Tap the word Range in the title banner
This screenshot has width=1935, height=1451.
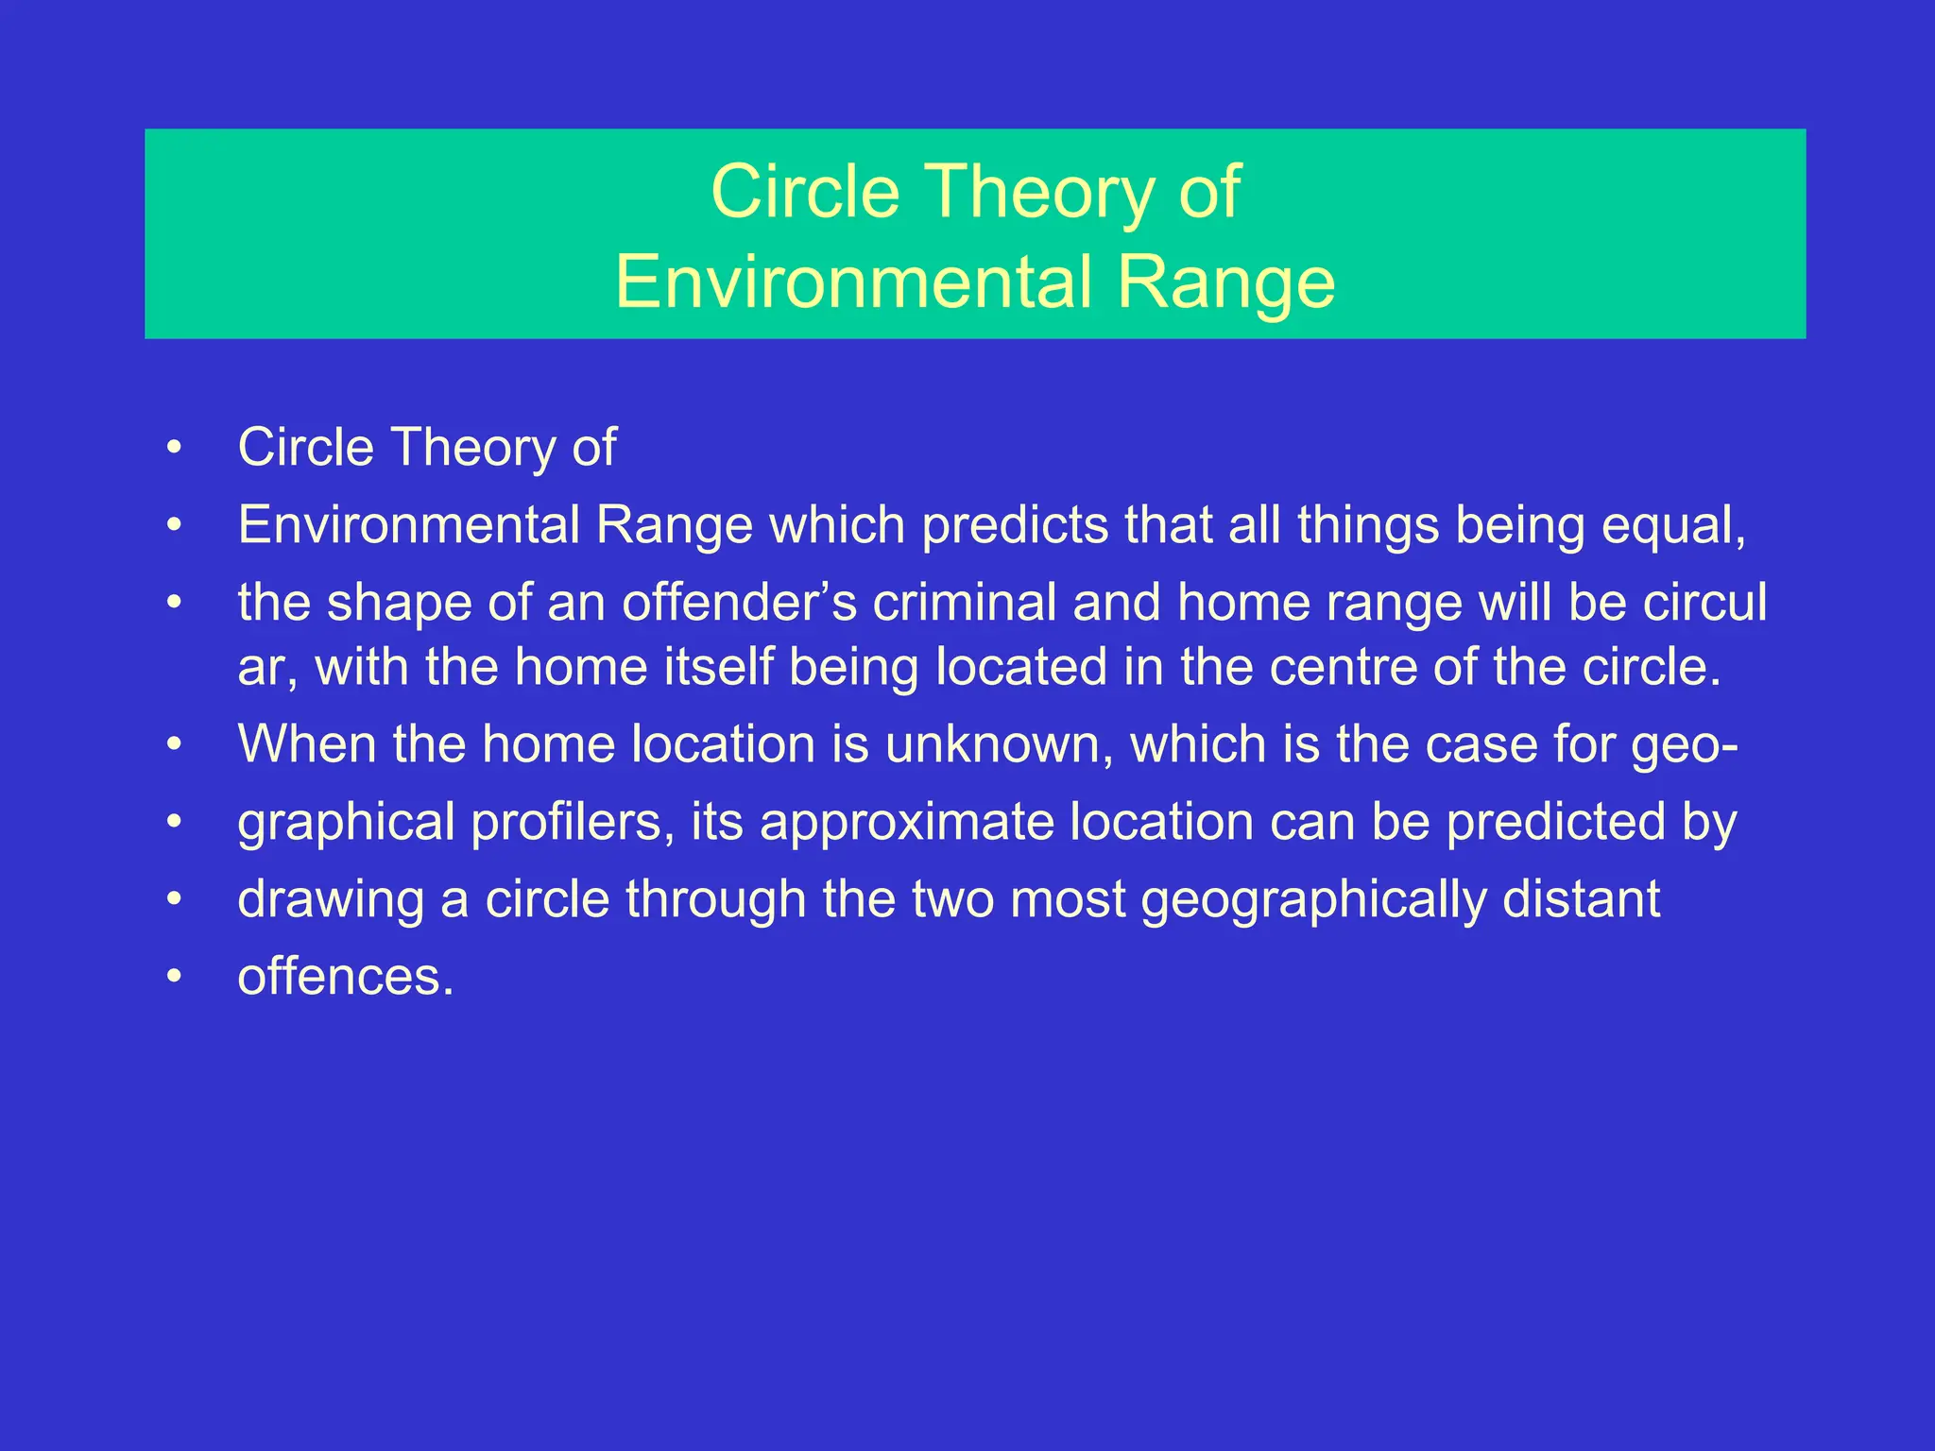click(x=1225, y=282)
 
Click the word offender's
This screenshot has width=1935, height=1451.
click(x=739, y=603)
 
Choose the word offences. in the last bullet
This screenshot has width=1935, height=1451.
click(x=346, y=977)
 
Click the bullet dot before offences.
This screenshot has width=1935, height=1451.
click(x=173, y=977)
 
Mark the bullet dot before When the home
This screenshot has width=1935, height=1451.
click(x=173, y=745)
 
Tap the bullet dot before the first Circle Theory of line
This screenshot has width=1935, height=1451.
click(x=173, y=448)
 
